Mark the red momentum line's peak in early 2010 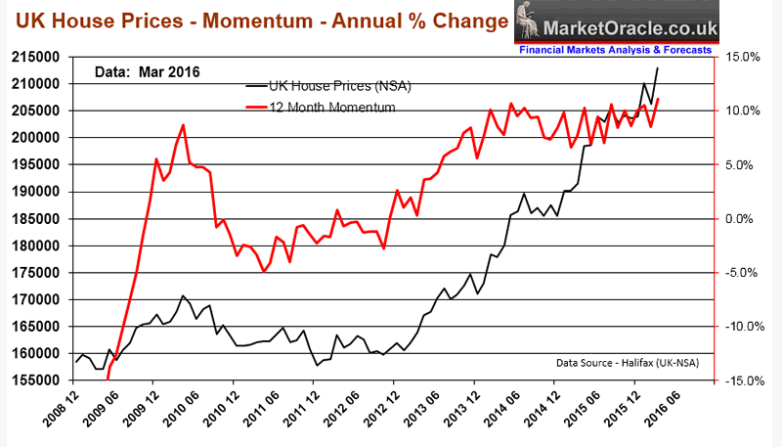(x=184, y=125)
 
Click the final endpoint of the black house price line (x=658, y=67)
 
